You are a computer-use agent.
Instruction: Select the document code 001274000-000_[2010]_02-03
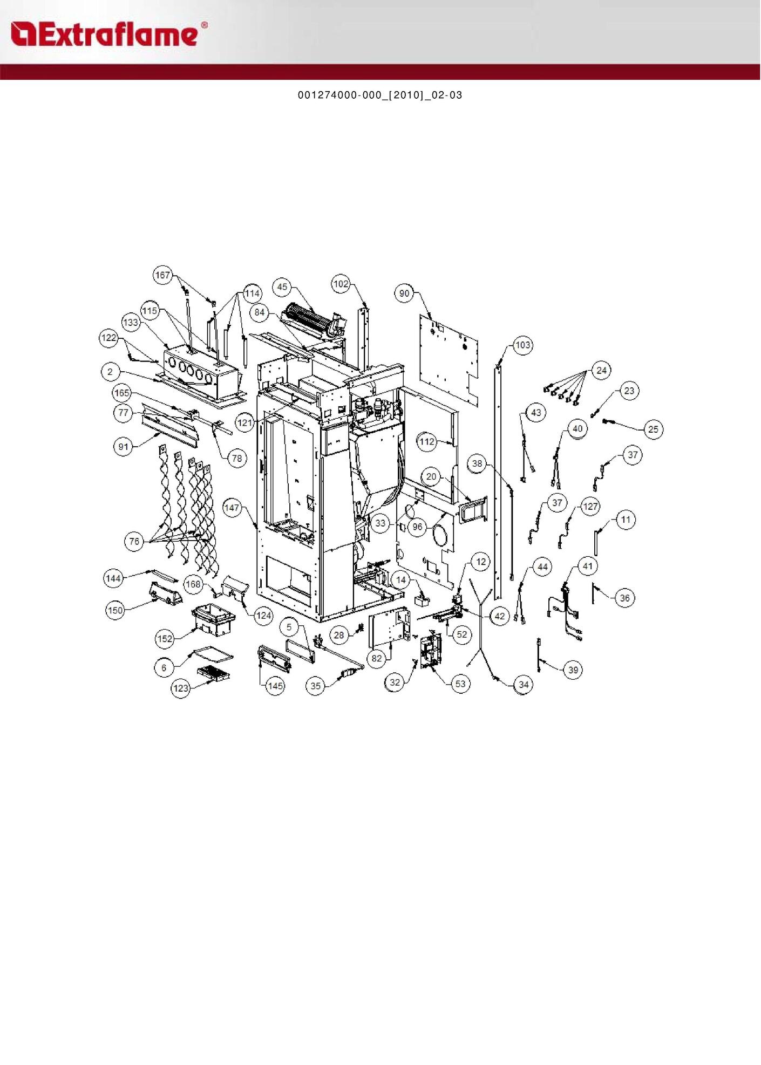pos(380,95)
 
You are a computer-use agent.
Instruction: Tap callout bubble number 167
pos(162,275)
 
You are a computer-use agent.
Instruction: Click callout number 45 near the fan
pos(282,287)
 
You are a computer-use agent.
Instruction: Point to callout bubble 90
pos(405,293)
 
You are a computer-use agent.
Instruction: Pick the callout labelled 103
pos(522,345)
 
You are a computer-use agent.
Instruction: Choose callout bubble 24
pos(602,370)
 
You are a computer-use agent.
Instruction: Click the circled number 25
pos(653,429)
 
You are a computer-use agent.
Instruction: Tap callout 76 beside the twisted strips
pos(134,541)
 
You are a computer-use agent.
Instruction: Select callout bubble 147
pos(232,508)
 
